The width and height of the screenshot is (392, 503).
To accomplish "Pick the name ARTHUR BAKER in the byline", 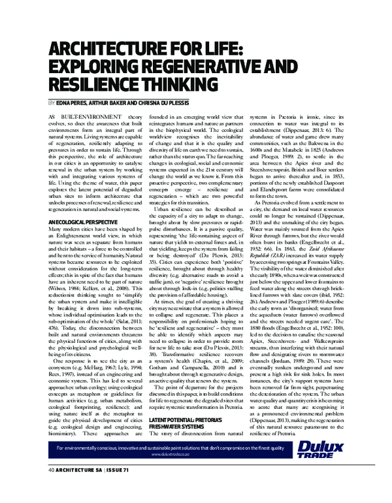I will pyautogui.click(x=109, y=103).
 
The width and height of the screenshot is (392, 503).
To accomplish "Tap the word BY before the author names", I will pyautogui.click(x=52, y=103).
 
